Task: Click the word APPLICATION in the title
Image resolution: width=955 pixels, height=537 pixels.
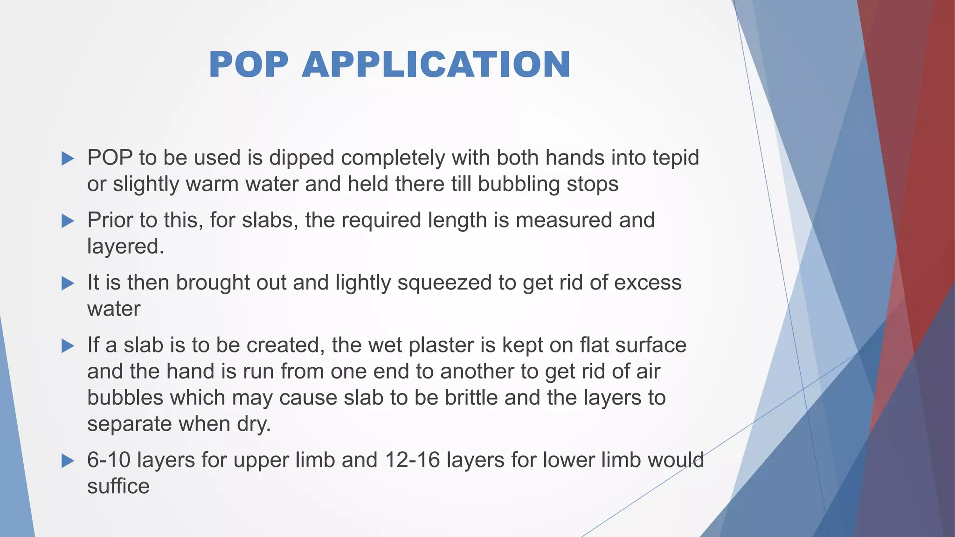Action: pyautogui.click(x=436, y=64)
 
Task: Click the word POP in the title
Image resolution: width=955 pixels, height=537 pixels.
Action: pyautogui.click(x=249, y=64)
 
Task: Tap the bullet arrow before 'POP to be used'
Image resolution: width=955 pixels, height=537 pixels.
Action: pyautogui.click(x=68, y=158)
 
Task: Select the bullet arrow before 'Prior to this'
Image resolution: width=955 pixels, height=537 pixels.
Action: pyautogui.click(x=68, y=221)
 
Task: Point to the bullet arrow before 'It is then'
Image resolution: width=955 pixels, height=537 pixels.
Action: pyautogui.click(x=68, y=283)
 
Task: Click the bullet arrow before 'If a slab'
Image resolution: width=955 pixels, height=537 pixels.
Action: pyautogui.click(x=68, y=346)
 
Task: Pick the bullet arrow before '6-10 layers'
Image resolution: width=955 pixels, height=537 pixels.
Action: pyautogui.click(x=68, y=461)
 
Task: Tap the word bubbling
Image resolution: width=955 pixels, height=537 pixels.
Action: pyautogui.click(x=519, y=185)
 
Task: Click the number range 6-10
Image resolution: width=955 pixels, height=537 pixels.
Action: pyautogui.click(x=109, y=460)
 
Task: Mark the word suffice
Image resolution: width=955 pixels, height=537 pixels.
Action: pyautogui.click(x=118, y=486)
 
